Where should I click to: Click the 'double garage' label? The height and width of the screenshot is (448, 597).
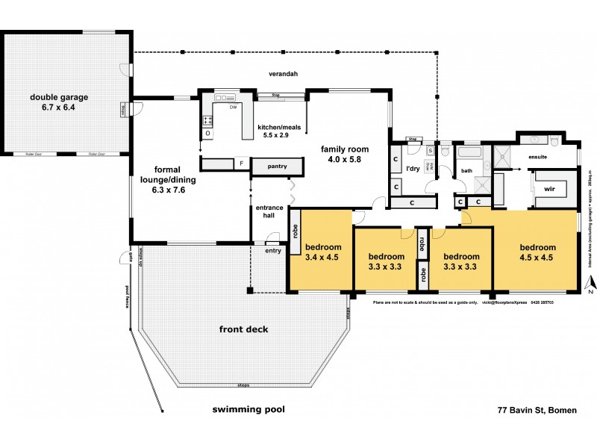pos(59,97)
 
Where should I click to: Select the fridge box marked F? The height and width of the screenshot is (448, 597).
pos(242,162)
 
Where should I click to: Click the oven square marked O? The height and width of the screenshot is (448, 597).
pos(207,134)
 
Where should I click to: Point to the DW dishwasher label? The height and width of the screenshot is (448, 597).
pos(233,108)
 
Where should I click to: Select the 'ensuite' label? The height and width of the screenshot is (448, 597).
pos(539,157)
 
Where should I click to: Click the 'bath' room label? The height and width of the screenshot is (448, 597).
pos(468,171)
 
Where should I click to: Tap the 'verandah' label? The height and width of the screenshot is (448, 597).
pos(284,74)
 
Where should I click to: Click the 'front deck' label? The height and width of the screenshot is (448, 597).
pos(243,329)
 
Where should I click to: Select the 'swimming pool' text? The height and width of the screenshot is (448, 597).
pos(249,409)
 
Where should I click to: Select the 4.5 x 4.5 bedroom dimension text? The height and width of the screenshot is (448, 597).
pos(538,258)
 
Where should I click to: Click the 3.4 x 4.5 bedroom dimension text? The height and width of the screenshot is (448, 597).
pos(322,258)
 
